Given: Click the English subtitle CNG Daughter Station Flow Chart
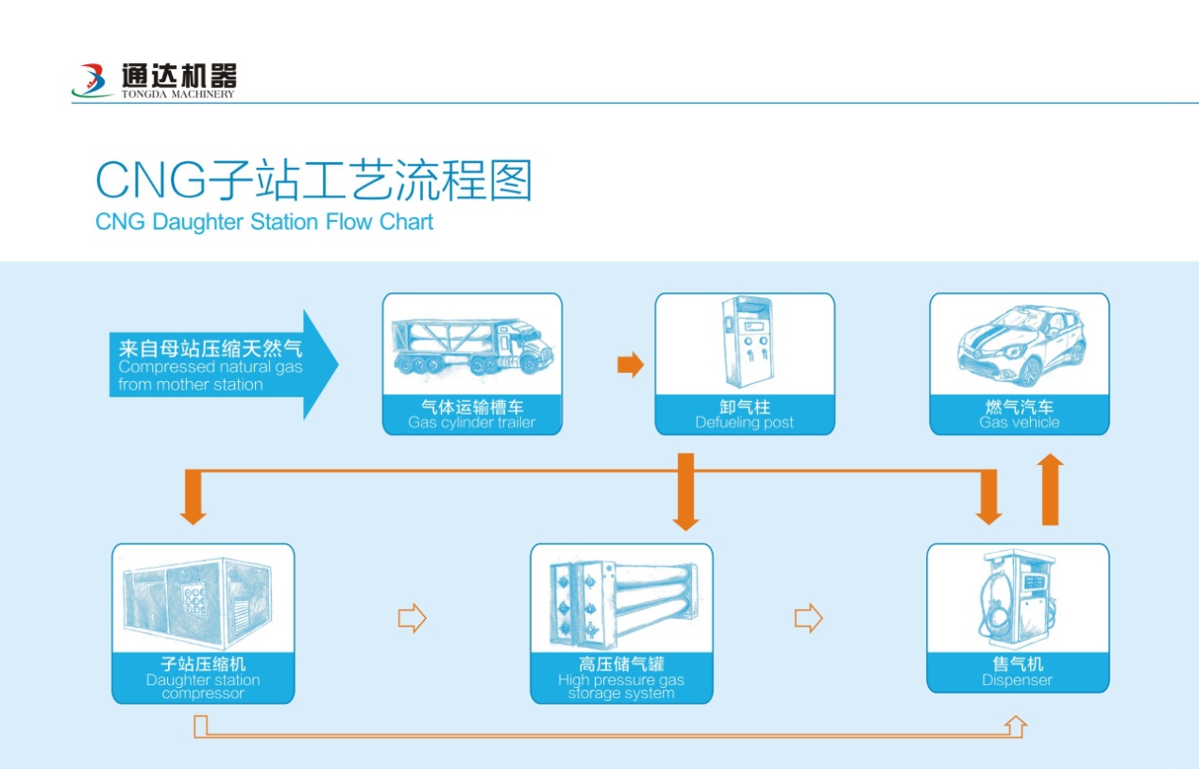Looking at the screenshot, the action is (264, 222).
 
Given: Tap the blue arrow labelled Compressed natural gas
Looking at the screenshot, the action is (224, 364).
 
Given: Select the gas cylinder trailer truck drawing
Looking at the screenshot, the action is (472, 345).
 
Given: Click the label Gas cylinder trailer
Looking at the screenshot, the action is (471, 423).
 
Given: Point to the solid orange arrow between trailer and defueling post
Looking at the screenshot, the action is (631, 364).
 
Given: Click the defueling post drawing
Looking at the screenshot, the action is (746, 342).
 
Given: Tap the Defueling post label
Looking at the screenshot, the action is (745, 423).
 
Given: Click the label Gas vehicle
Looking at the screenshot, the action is (1020, 423).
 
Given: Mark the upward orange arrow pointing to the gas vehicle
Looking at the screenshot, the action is (1050, 489).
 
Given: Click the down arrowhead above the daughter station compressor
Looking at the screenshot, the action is (194, 516).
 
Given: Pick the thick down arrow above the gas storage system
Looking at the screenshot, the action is (685, 492).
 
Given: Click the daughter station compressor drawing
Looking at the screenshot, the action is (197, 601).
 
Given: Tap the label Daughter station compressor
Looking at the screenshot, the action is (203, 687).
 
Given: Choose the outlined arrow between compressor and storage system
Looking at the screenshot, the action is (413, 618).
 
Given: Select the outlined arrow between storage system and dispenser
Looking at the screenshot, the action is (808, 618).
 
